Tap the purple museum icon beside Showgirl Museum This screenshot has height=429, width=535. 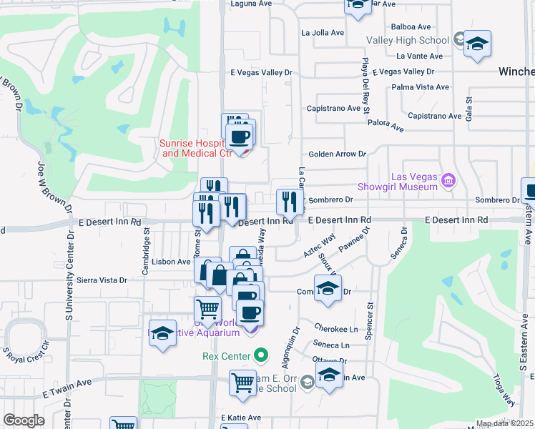(x=448, y=179)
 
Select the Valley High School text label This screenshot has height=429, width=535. (x=407, y=41)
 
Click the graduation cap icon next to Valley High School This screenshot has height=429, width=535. (x=477, y=43)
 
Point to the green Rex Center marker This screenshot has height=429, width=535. (x=261, y=355)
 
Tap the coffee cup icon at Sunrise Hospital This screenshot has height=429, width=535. (x=240, y=136)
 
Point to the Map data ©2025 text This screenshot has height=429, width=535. (x=504, y=423)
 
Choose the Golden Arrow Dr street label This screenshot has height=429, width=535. (x=337, y=154)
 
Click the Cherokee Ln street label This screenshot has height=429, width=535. (x=335, y=329)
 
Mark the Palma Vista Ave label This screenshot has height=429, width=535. (x=421, y=87)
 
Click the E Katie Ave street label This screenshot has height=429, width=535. (x=241, y=418)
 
